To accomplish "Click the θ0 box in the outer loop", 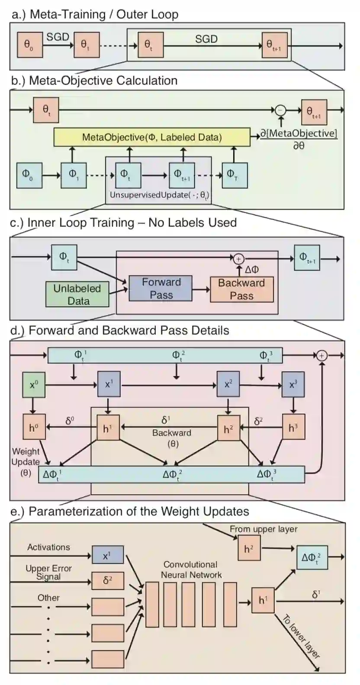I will [x=30, y=45].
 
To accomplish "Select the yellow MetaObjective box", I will [x=152, y=137].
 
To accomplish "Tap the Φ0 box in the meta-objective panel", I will [x=29, y=175].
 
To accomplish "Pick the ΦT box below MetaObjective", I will [x=235, y=175].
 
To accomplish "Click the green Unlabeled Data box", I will [x=78, y=294].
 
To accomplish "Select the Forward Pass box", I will [x=161, y=289].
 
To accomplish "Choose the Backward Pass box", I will [x=241, y=289].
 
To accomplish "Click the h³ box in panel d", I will [x=293, y=428].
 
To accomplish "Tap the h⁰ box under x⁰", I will [x=34, y=428].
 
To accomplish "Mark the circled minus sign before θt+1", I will [x=281, y=110].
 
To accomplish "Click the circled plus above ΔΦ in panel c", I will [x=238, y=259].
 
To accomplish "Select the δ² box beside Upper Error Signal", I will [x=107, y=581].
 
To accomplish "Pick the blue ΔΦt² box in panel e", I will [x=312, y=558].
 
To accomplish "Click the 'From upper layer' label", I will [x=264, y=529].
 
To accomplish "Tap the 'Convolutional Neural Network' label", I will [x=191, y=570].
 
